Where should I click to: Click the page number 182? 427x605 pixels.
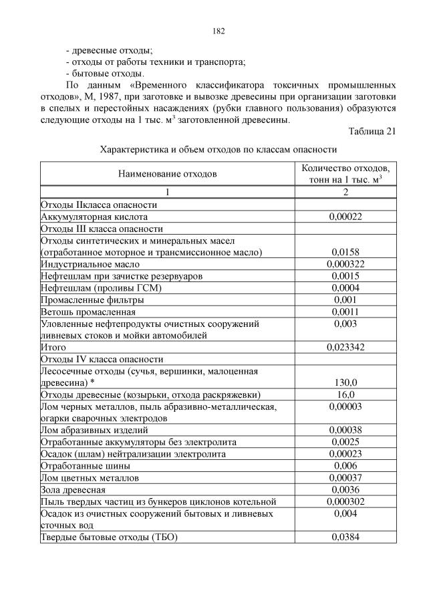[219, 31]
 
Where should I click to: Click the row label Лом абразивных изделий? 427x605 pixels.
[94, 430]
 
